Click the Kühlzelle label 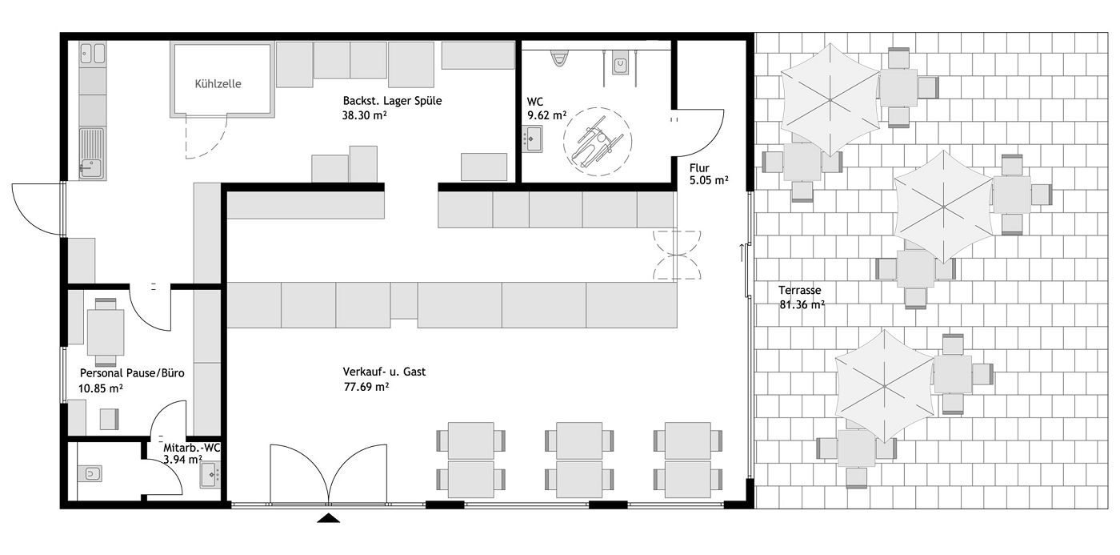click(x=218, y=84)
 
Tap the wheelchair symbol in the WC click(x=598, y=142)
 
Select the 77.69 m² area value click(x=366, y=387)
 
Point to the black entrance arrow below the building click(x=329, y=518)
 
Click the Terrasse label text click(x=799, y=290)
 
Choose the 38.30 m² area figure click(x=365, y=115)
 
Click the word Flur click(x=699, y=168)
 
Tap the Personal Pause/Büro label click(x=132, y=373)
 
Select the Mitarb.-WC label click(x=191, y=448)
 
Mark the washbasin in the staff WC click(x=210, y=474)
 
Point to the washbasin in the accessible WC click(x=533, y=139)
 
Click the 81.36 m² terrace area click(x=802, y=305)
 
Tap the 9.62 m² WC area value click(x=546, y=115)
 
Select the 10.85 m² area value click(x=101, y=388)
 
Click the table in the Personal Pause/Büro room click(x=106, y=332)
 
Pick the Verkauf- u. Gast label click(x=384, y=372)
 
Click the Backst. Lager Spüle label click(x=393, y=101)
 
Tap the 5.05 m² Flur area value click(x=709, y=181)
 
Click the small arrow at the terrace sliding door click(x=742, y=253)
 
